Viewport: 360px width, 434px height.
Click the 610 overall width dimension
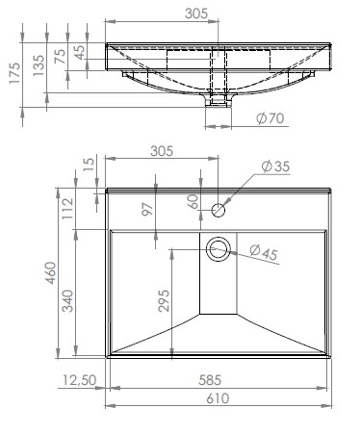(218, 398)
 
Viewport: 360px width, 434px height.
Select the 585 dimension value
(210, 380)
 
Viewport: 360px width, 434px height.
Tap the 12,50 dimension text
(79, 380)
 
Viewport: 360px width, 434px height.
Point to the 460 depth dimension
(51, 273)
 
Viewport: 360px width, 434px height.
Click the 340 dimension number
(67, 301)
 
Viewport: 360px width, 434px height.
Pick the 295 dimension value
(164, 301)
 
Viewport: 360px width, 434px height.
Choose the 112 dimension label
(68, 209)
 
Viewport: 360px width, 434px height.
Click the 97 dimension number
(148, 209)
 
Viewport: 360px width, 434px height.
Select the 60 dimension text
(193, 202)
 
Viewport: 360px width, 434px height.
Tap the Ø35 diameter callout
(275, 166)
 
